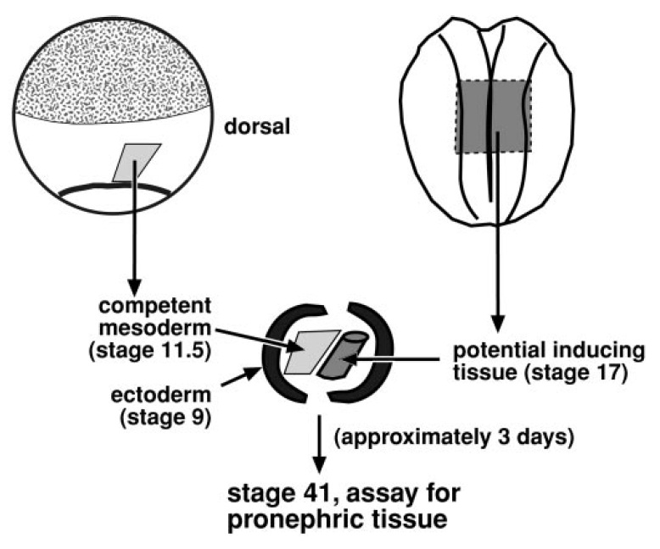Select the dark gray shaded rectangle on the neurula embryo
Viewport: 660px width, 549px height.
(493, 117)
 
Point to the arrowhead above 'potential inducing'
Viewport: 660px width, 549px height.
(499, 323)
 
